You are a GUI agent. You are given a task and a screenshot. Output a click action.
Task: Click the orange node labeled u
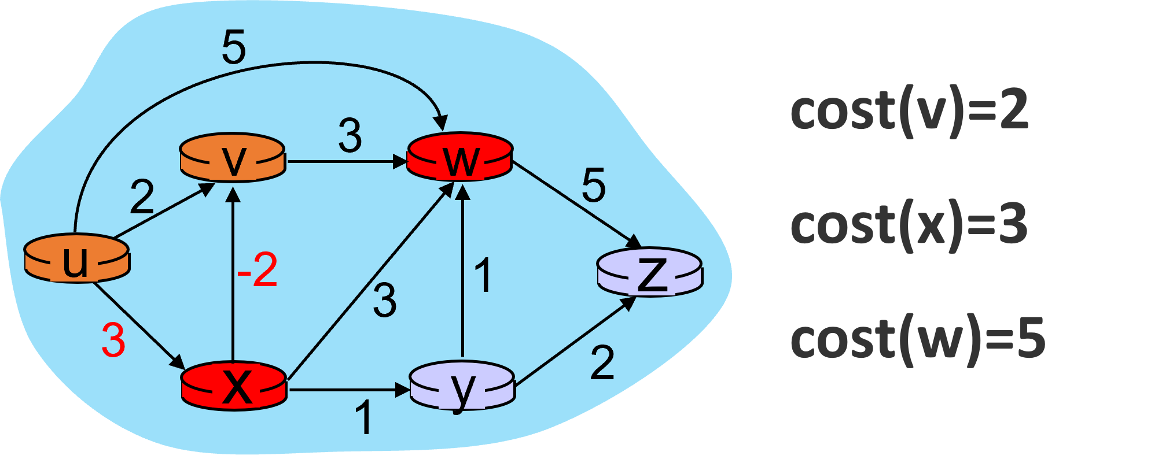pos(76,258)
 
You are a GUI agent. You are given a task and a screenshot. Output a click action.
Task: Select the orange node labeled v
pos(233,158)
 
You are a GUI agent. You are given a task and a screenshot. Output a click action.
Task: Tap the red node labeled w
pos(460,157)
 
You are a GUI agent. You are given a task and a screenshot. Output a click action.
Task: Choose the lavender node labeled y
pos(462,386)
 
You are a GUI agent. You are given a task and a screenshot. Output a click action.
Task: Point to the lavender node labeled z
pos(649,272)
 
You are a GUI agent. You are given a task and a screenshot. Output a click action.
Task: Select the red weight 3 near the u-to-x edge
pos(113,340)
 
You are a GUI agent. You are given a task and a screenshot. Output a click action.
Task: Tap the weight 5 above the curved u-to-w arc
pos(234,47)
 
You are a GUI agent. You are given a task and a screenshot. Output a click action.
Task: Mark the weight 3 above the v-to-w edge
pos(350,136)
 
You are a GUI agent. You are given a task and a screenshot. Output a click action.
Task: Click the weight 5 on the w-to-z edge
pos(594,186)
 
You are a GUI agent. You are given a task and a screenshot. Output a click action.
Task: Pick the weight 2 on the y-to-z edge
pos(602,363)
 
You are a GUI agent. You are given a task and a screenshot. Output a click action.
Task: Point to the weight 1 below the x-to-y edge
pos(363,417)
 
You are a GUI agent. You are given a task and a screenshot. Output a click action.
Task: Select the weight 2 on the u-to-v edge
pos(142,197)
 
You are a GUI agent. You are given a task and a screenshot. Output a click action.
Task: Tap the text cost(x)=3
pos(909,225)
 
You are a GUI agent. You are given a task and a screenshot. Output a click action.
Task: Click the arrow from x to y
pos(347,390)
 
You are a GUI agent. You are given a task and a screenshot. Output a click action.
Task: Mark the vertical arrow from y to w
pos(462,272)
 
